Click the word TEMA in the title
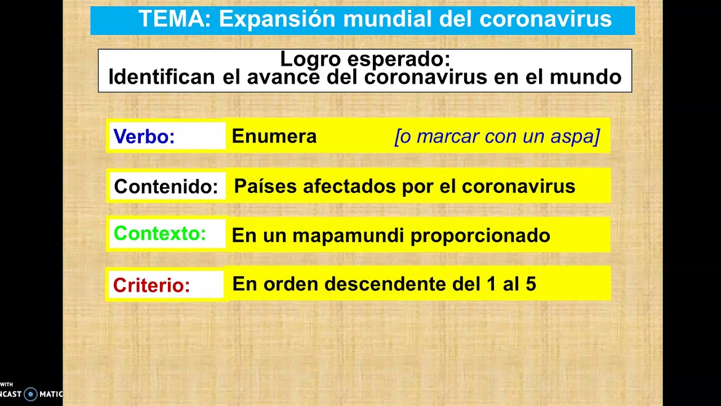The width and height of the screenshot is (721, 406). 173,19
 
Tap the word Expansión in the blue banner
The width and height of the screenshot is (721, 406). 277,19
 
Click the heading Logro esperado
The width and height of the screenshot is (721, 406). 365,59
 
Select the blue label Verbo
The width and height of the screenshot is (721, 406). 144,136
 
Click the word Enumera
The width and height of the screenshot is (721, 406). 274,136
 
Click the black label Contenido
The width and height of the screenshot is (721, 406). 166,187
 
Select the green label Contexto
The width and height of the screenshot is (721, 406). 160,233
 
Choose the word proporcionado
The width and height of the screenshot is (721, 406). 480,236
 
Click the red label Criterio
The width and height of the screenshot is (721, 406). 152,285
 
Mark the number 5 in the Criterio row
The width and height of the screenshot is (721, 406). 531,284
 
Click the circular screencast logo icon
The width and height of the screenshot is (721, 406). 30,394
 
